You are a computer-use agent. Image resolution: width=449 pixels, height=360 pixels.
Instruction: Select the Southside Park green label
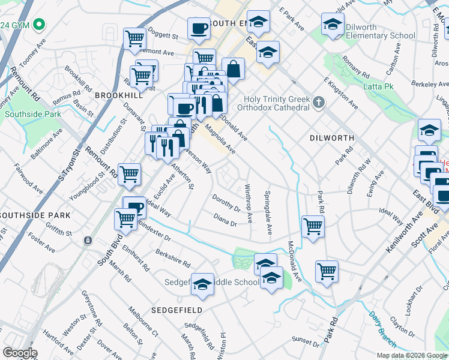pos(32,114)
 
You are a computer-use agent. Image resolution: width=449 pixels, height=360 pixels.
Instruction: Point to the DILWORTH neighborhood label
pos(331,138)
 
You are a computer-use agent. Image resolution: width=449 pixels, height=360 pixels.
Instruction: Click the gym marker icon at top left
pos(40,25)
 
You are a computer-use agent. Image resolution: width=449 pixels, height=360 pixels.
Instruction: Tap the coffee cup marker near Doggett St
pos(199,28)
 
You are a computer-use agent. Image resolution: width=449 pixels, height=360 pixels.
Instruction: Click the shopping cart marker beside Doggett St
pos(134,38)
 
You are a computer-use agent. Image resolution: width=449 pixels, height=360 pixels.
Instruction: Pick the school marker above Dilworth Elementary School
pos(332,25)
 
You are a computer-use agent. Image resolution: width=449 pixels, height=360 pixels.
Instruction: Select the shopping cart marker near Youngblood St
pos(129,175)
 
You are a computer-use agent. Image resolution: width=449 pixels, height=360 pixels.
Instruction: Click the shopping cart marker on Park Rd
pos(327,271)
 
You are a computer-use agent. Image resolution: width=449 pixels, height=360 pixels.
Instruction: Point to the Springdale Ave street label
pos(268,213)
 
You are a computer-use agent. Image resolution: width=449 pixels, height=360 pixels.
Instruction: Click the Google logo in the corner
pos(19,353)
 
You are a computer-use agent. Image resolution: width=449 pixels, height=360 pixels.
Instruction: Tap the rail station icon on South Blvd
pos(88,241)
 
